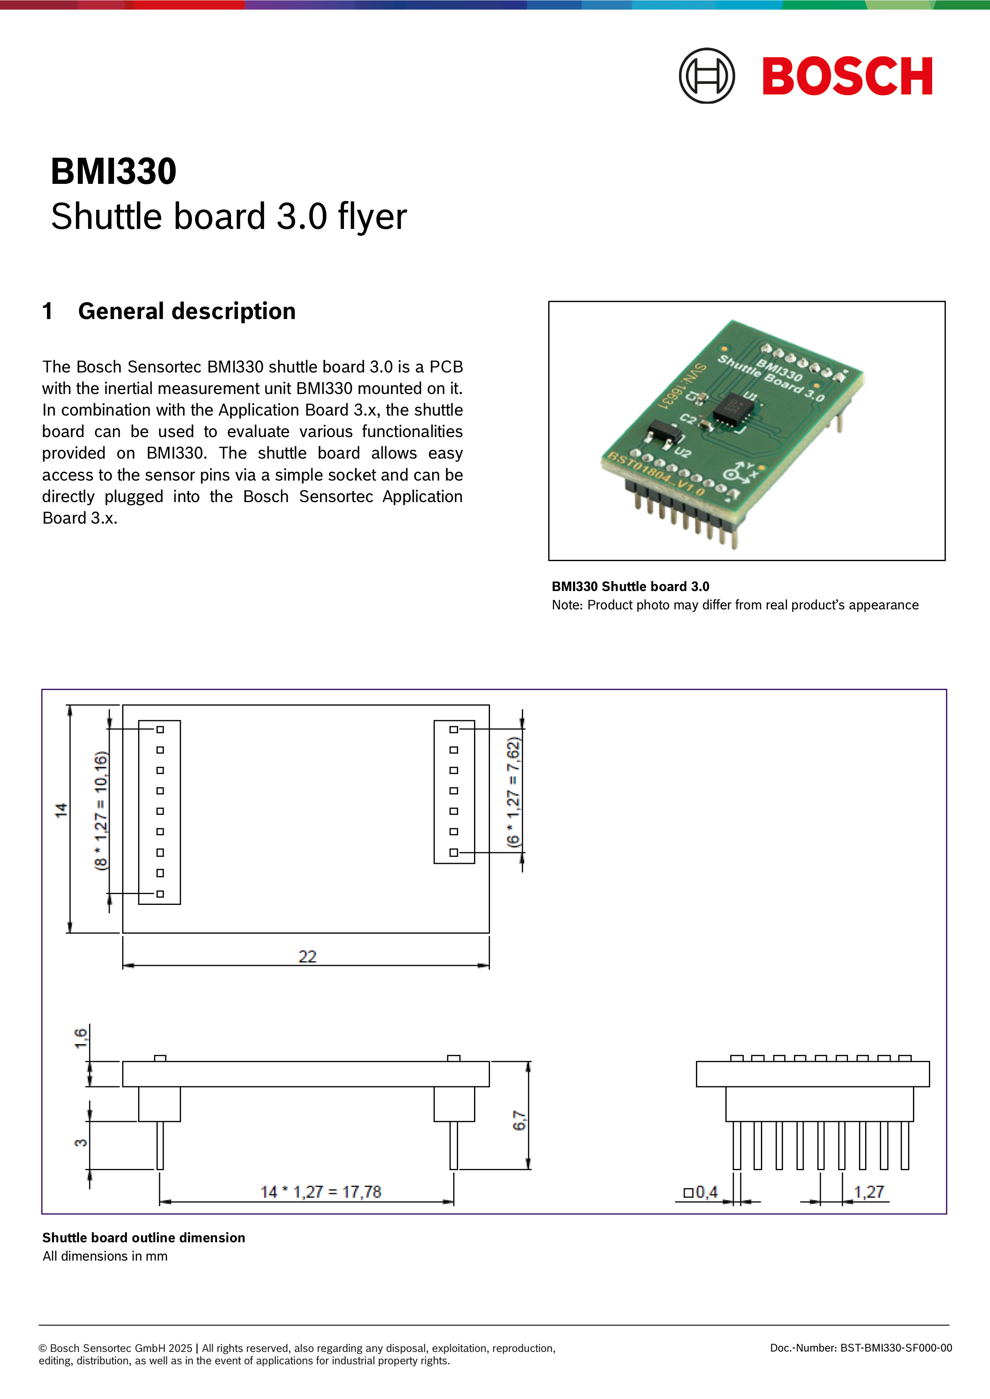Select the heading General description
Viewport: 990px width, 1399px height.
point(186,311)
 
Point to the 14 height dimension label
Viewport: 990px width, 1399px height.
point(61,810)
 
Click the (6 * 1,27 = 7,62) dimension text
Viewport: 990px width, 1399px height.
point(514,792)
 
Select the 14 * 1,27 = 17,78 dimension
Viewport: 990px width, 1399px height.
point(321,1192)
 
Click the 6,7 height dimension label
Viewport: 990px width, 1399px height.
point(519,1120)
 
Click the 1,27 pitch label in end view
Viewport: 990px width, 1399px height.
point(868,1192)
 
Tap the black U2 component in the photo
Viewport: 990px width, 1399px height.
point(663,433)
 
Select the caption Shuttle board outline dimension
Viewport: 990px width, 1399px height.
point(143,1237)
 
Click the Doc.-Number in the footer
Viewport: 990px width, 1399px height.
point(860,1348)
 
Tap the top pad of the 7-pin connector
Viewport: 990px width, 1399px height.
point(454,729)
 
